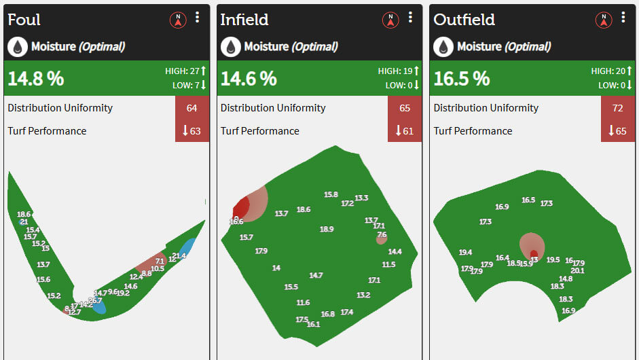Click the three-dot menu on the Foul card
tap(198, 18)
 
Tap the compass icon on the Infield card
tap(390, 20)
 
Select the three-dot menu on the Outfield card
tap(623, 18)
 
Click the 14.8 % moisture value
tap(36, 78)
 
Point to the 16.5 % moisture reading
tap(462, 78)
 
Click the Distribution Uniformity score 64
tap(191, 108)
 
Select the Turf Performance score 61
tap(404, 131)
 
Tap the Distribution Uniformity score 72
tap(617, 108)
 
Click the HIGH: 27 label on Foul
tap(185, 71)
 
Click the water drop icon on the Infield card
tap(230, 47)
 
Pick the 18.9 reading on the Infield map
tap(327, 230)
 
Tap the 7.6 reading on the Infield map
tap(382, 235)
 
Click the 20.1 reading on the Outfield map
tap(577, 270)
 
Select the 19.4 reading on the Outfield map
tap(465, 253)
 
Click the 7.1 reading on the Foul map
tap(160, 261)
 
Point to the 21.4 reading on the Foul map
tap(179, 256)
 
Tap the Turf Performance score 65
tap(617, 131)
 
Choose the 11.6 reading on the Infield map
tap(303, 303)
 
